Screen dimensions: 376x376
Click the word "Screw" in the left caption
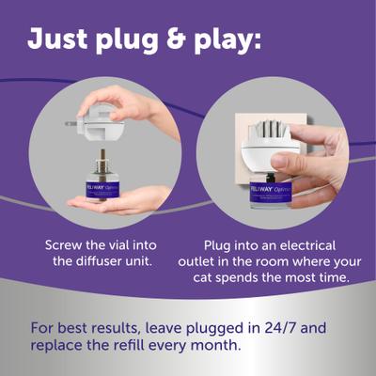tap(66, 245)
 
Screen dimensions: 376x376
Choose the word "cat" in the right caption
tap(211, 279)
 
